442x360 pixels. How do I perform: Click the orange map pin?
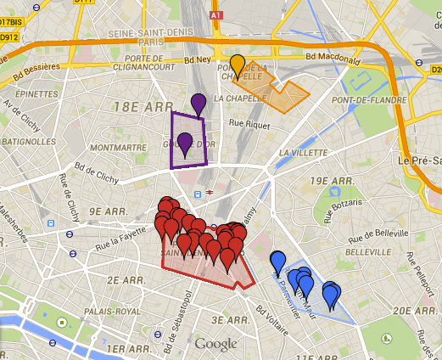(x=239, y=65)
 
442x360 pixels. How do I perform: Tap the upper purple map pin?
(x=199, y=103)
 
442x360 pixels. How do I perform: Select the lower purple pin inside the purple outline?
(x=185, y=142)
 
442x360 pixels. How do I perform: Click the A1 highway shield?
(x=215, y=15)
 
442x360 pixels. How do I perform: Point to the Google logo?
(x=215, y=344)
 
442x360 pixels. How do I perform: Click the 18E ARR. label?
(x=137, y=108)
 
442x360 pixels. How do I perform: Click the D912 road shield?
(x=9, y=37)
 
